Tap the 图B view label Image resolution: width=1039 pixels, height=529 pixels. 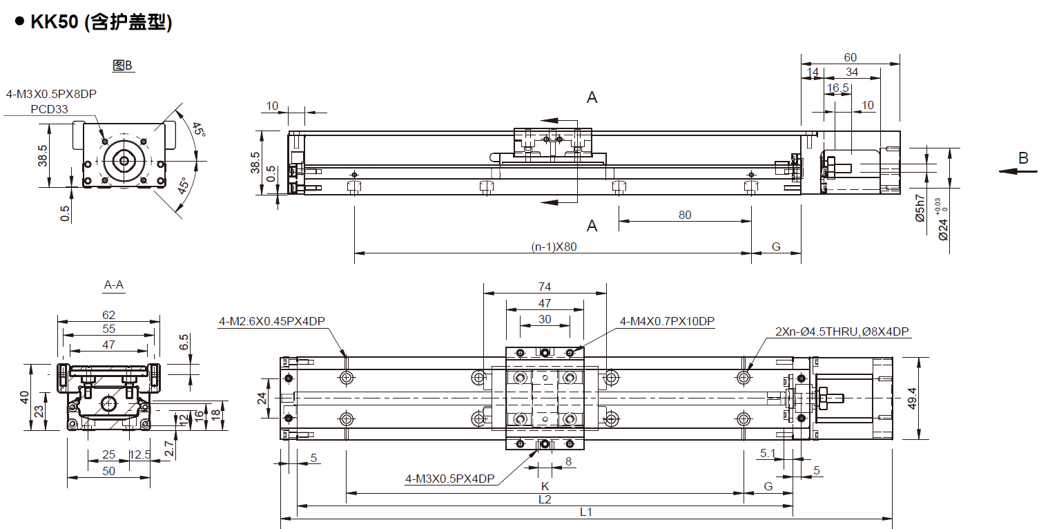(122, 66)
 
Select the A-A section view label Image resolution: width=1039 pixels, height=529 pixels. (114, 285)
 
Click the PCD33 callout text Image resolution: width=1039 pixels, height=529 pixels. (49, 110)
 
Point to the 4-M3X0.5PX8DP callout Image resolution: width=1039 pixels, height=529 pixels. (51, 94)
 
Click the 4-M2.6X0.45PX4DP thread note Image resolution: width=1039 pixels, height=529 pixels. (272, 321)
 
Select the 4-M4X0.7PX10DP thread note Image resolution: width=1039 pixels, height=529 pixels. (667, 321)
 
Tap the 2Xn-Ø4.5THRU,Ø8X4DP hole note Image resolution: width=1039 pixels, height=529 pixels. (842, 331)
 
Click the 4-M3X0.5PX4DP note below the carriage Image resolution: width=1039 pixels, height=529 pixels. (450, 479)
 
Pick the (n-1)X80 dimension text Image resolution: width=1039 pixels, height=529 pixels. (554, 247)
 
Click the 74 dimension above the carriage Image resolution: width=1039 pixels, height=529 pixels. (545, 287)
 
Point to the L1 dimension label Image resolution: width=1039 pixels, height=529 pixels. (586, 512)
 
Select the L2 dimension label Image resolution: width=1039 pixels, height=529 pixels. (545, 500)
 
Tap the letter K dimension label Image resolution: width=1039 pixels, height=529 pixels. (545, 486)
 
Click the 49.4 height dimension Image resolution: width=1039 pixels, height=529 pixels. (912, 398)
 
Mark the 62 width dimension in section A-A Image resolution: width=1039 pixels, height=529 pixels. (108, 315)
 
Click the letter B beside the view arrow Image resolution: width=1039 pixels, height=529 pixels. (1023, 159)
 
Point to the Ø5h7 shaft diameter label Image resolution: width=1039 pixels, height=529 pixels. (920, 209)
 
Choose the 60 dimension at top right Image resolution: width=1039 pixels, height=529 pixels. (851, 57)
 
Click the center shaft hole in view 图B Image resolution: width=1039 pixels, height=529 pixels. (124, 161)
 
